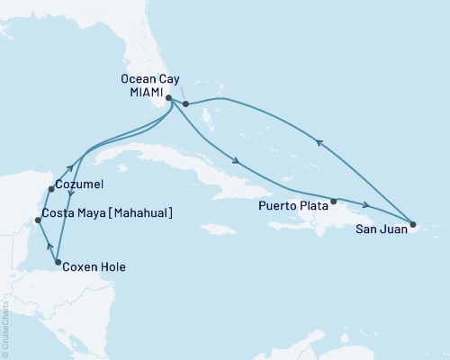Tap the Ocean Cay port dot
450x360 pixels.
click(x=185, y=104)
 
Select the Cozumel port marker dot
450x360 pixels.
click(x=49, y=189)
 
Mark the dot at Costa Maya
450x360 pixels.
click(x=36, y=220)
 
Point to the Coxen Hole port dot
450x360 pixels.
click(x=58, y=264)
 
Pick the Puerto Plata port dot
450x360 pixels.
click(x=334, y=201)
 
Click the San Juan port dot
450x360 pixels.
click(x=412, y=224)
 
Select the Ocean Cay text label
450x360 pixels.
click(x=147, y=78)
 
